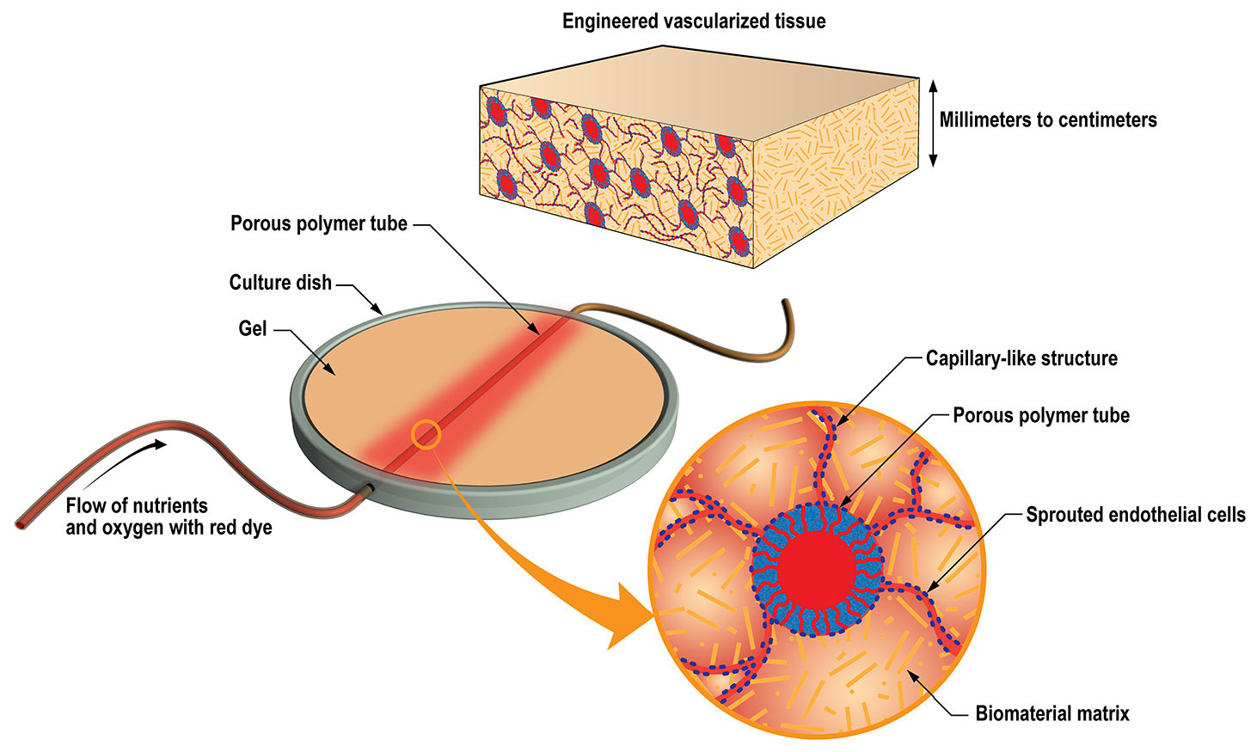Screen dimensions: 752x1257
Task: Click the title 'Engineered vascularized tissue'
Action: click(x=694, y=21)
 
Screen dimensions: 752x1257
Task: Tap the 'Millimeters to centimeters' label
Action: click(x=1047, y=120)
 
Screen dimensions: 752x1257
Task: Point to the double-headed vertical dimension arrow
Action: click(x=933, y=123)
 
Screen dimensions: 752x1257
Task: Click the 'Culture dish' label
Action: click(x=280, y=283)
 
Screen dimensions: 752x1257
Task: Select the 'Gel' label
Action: click(x=252, y=328)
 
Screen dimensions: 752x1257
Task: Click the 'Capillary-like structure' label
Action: click(x=1021, y=358)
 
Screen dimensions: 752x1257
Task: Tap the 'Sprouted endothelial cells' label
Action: click(x=1135, y=515)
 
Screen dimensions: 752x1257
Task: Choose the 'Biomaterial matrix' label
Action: click(x=1052, y=713)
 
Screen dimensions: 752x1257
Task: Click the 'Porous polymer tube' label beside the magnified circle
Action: click(x=1040, y=416)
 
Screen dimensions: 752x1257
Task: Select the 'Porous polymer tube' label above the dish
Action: click(x=319, y=224)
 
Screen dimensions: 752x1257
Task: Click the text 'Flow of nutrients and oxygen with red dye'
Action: click(x=169, y=516)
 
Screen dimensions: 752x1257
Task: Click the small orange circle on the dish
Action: click(x=426, y=435)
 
